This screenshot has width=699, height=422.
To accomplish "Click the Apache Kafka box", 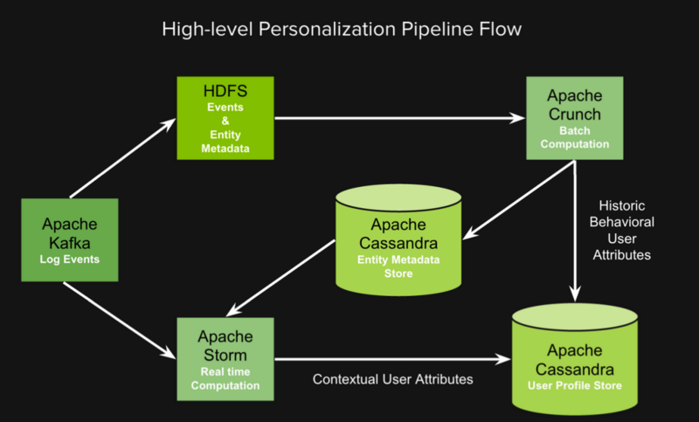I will click(x=69, y=240).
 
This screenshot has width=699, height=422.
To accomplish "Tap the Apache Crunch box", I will click(x=573, y=118).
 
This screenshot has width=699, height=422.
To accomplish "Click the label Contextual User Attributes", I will click(x=393, y=379).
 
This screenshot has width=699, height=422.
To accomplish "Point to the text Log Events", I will click(x=69, y=260).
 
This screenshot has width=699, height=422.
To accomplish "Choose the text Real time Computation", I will click(x=225, y=377).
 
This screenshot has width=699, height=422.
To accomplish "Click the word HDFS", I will click(x=225, y=92).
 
